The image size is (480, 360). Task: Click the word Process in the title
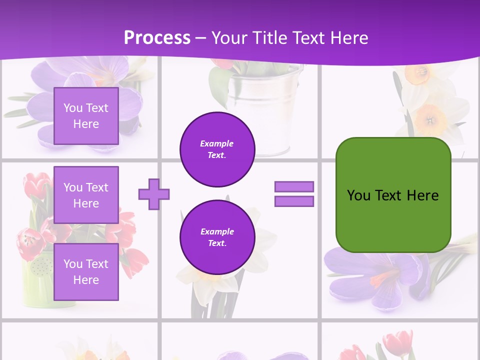(x=157, y=38)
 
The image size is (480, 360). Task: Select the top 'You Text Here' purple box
(x=86, y=116)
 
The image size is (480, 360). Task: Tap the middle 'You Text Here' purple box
(x=86, y=195)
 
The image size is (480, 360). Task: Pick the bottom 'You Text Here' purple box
(x=86, y=271)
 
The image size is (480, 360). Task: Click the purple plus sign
(x=154, y=194)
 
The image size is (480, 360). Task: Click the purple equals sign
(x=294, y=194)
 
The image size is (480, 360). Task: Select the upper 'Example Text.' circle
(x=217, y=149)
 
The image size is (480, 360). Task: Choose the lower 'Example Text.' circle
(x=217, y=237)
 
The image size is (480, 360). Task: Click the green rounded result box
(x=393, y=195)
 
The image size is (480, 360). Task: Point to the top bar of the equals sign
(x=294, y=186)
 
